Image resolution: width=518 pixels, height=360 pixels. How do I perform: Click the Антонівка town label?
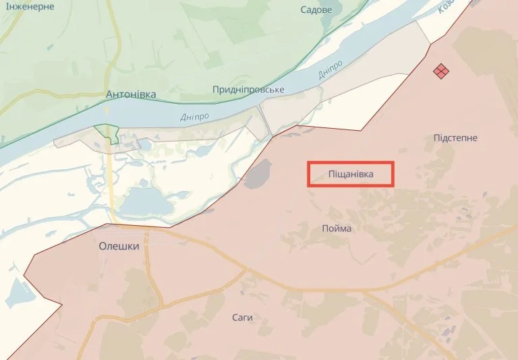tap(131, 94)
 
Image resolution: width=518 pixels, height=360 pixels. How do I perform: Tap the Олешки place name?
tap(119, 246)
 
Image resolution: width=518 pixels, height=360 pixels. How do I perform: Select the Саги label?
tap(241, 317)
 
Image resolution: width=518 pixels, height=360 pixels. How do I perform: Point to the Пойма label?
tap(337, 229)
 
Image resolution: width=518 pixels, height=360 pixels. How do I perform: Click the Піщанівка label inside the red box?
tap(350, 175)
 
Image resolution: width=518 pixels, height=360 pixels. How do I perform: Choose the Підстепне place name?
tap(456, 138)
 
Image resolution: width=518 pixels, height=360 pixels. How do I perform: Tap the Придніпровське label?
tap(248, 90)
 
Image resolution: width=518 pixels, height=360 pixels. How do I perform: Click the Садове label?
tap(316, 10)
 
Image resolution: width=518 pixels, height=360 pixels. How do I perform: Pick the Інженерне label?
tap(28, 5)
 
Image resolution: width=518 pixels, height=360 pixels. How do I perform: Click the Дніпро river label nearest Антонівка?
tap(194, 117)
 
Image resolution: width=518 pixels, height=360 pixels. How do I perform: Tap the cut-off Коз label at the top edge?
tap(447, 7)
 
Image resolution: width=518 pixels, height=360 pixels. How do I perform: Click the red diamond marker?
tap(441, 71)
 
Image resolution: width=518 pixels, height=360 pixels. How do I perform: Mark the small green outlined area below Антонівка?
tap(107, 133)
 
